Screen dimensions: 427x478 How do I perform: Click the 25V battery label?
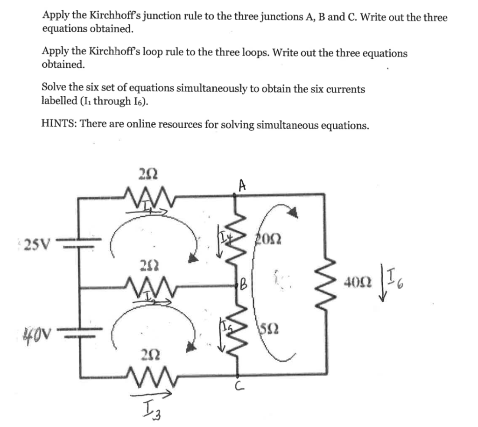click(39, 243)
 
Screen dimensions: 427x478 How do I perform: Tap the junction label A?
click(242, 186)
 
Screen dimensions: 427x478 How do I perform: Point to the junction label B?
click(243, 283)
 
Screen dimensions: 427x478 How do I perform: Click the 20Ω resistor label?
click(267, 239)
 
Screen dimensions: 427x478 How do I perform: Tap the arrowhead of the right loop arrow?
click(292, 213)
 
